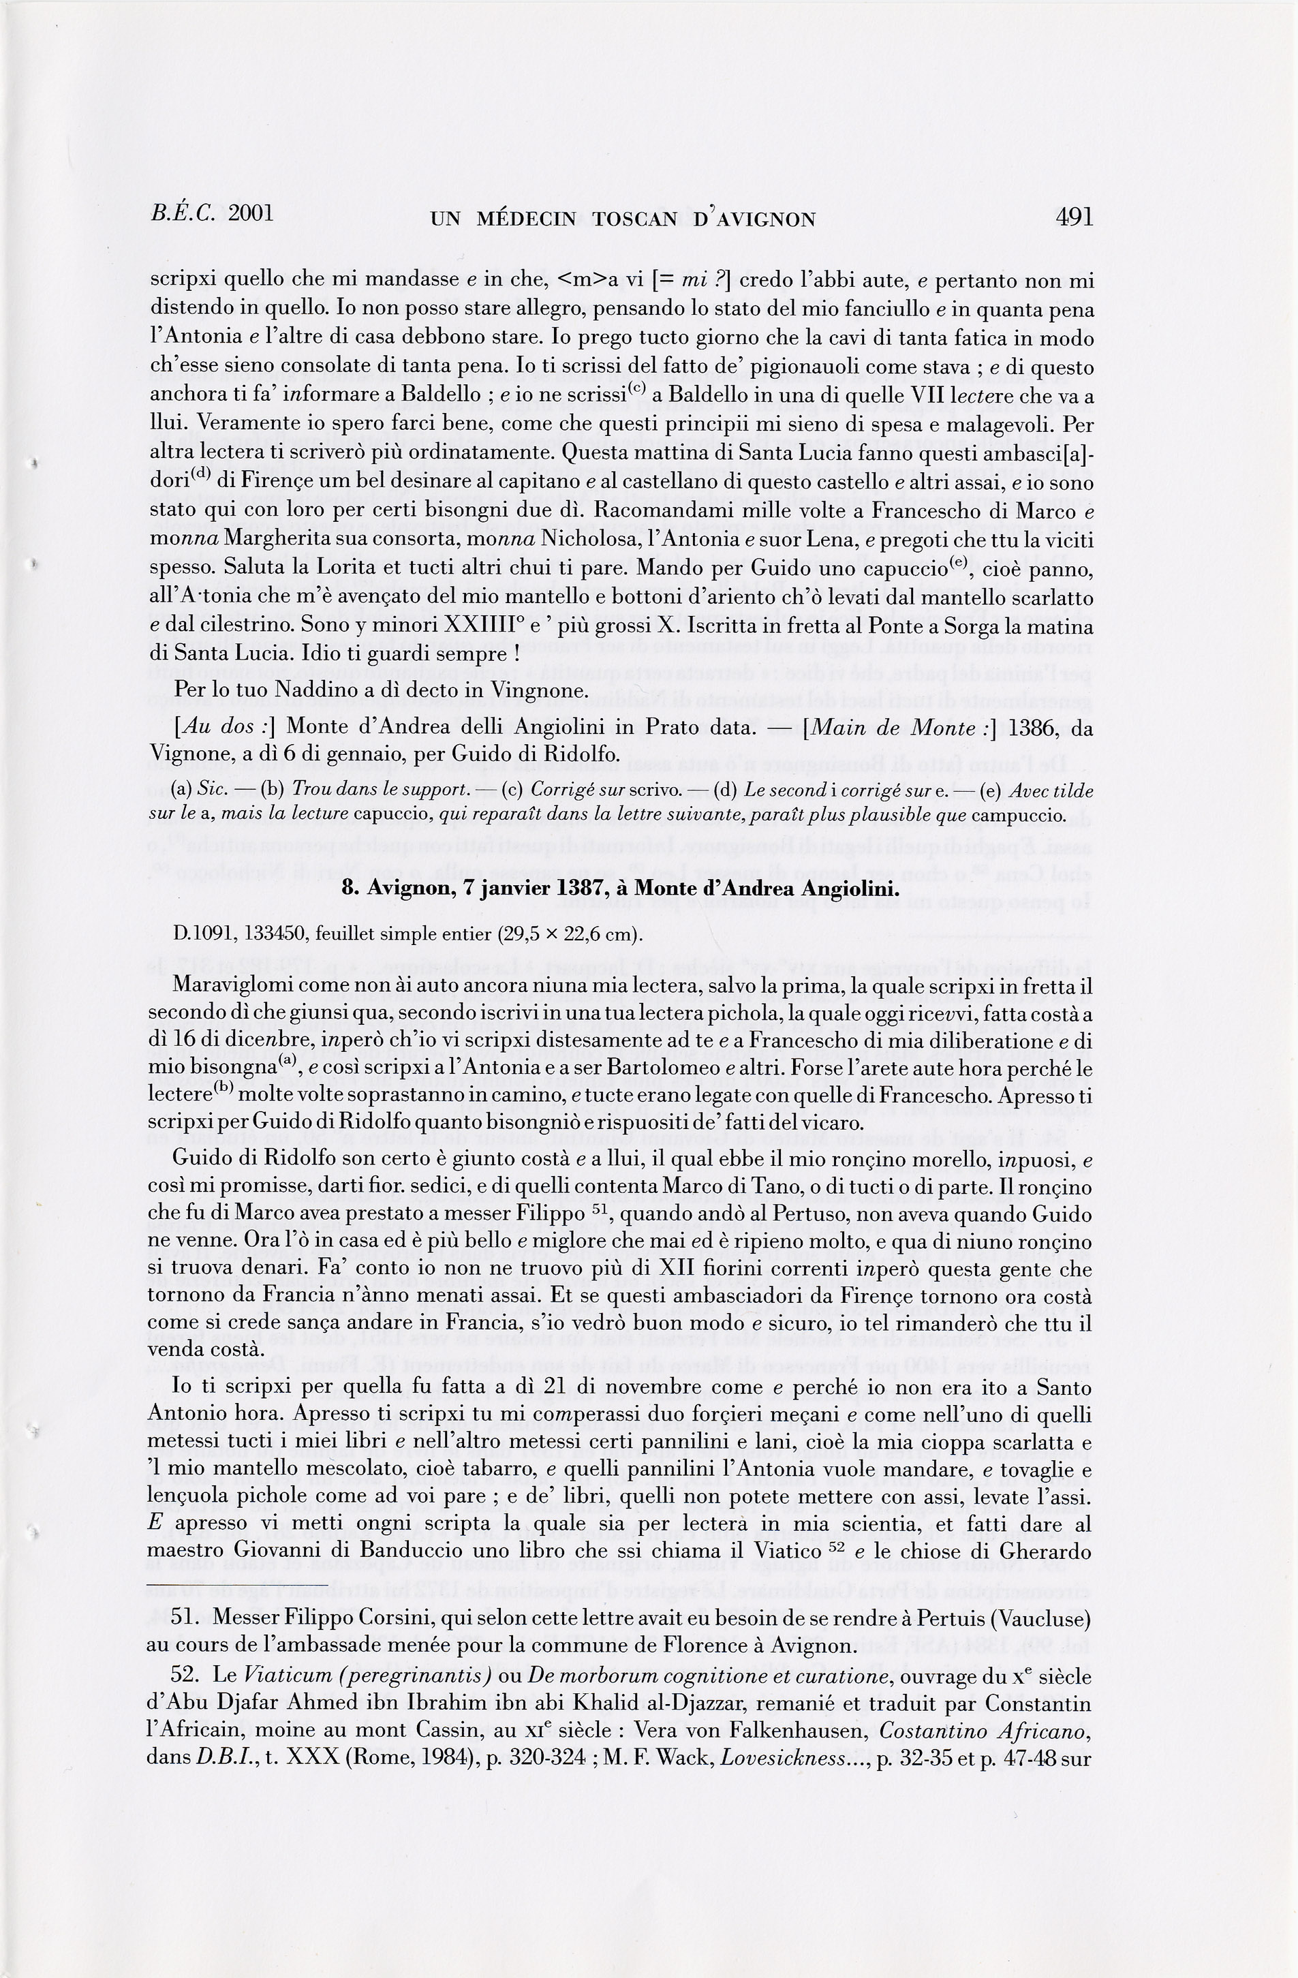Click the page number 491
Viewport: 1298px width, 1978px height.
[x=1075, y=216]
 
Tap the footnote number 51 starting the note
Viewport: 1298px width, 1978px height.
[x=185, y=1618]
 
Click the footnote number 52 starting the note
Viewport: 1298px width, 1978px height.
[x=185, y=1676]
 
